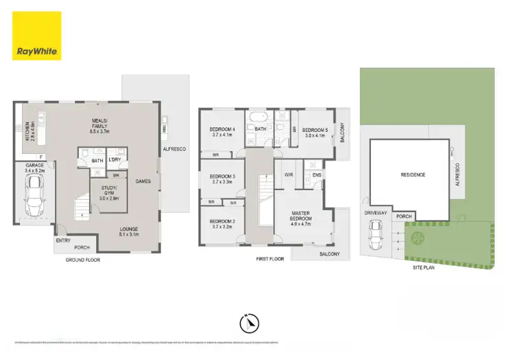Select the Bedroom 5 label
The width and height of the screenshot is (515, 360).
[316, 133]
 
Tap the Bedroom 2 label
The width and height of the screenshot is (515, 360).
[222, 223]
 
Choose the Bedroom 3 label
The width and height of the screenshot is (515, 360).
[222, 179]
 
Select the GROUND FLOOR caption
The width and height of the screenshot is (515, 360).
[83, 261]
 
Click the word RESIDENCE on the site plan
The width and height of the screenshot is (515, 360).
[413, 175]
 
